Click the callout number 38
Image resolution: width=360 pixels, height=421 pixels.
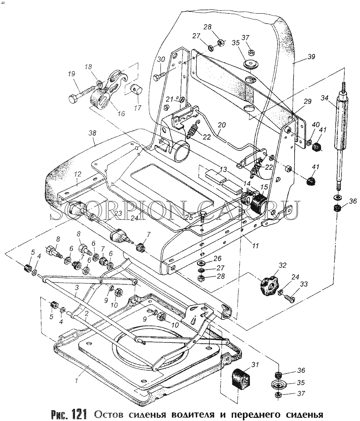point(92,133)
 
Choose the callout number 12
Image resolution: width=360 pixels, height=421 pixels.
point(78,174)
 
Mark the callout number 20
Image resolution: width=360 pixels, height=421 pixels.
point(222,125)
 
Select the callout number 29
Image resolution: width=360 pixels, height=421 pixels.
point(307,101)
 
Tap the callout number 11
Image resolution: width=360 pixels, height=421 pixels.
point(255,246)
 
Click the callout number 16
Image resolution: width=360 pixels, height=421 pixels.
point(121,113)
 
